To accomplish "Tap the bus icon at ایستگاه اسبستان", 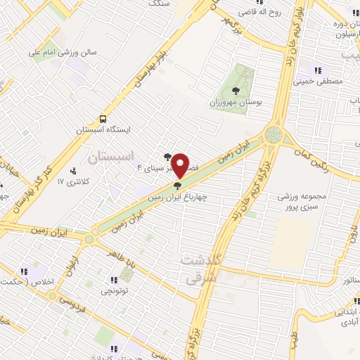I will [x=103, y=119].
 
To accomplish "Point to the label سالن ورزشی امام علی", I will [x=56, y=52].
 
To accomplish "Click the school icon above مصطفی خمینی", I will [x=318, y=70].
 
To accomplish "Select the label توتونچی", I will [x=115, y=290].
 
